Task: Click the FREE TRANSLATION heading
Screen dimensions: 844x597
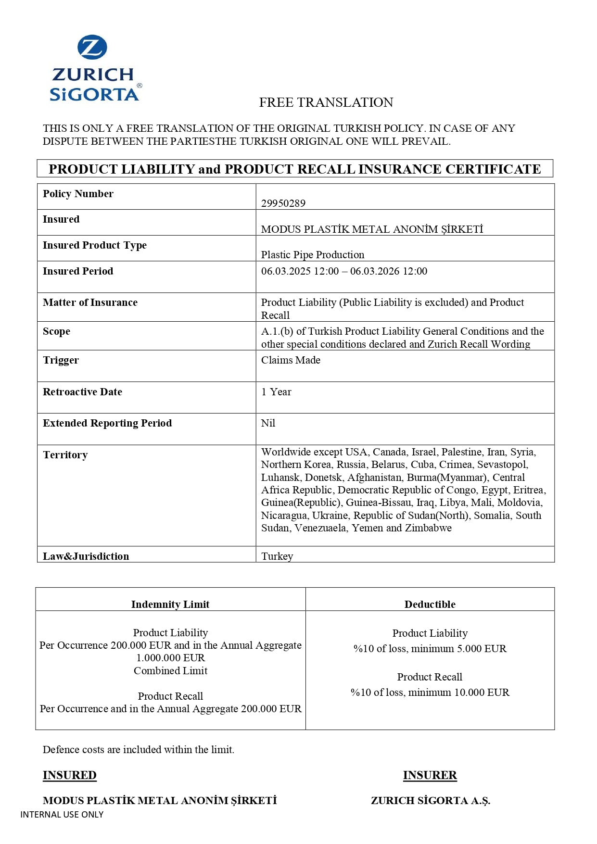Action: (326, 102)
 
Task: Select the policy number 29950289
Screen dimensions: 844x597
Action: (283, 203)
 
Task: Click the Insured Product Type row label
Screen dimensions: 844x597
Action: (94, 245)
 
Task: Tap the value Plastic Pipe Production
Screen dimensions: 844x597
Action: (312, 254)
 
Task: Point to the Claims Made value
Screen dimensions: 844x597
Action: (291, 360)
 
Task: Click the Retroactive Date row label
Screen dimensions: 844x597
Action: (82, 392)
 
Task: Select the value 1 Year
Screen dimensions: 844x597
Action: (276, 392)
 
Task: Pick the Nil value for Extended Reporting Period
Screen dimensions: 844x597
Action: (268, 423)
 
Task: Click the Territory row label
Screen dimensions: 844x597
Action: (65, 455)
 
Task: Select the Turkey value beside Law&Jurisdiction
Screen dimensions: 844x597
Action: (277, 556)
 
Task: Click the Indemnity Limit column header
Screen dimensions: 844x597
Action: (170, 605)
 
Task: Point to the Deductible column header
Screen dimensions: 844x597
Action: (430, 605)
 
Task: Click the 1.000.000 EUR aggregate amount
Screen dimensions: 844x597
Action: (170, 658)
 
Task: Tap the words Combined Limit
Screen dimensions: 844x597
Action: (170, 671)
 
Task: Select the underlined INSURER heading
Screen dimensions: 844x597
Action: (430, 775)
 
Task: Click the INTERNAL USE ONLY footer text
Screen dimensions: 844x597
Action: (62, 815)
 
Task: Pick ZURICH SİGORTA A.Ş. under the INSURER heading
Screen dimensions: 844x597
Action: (430, 801)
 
